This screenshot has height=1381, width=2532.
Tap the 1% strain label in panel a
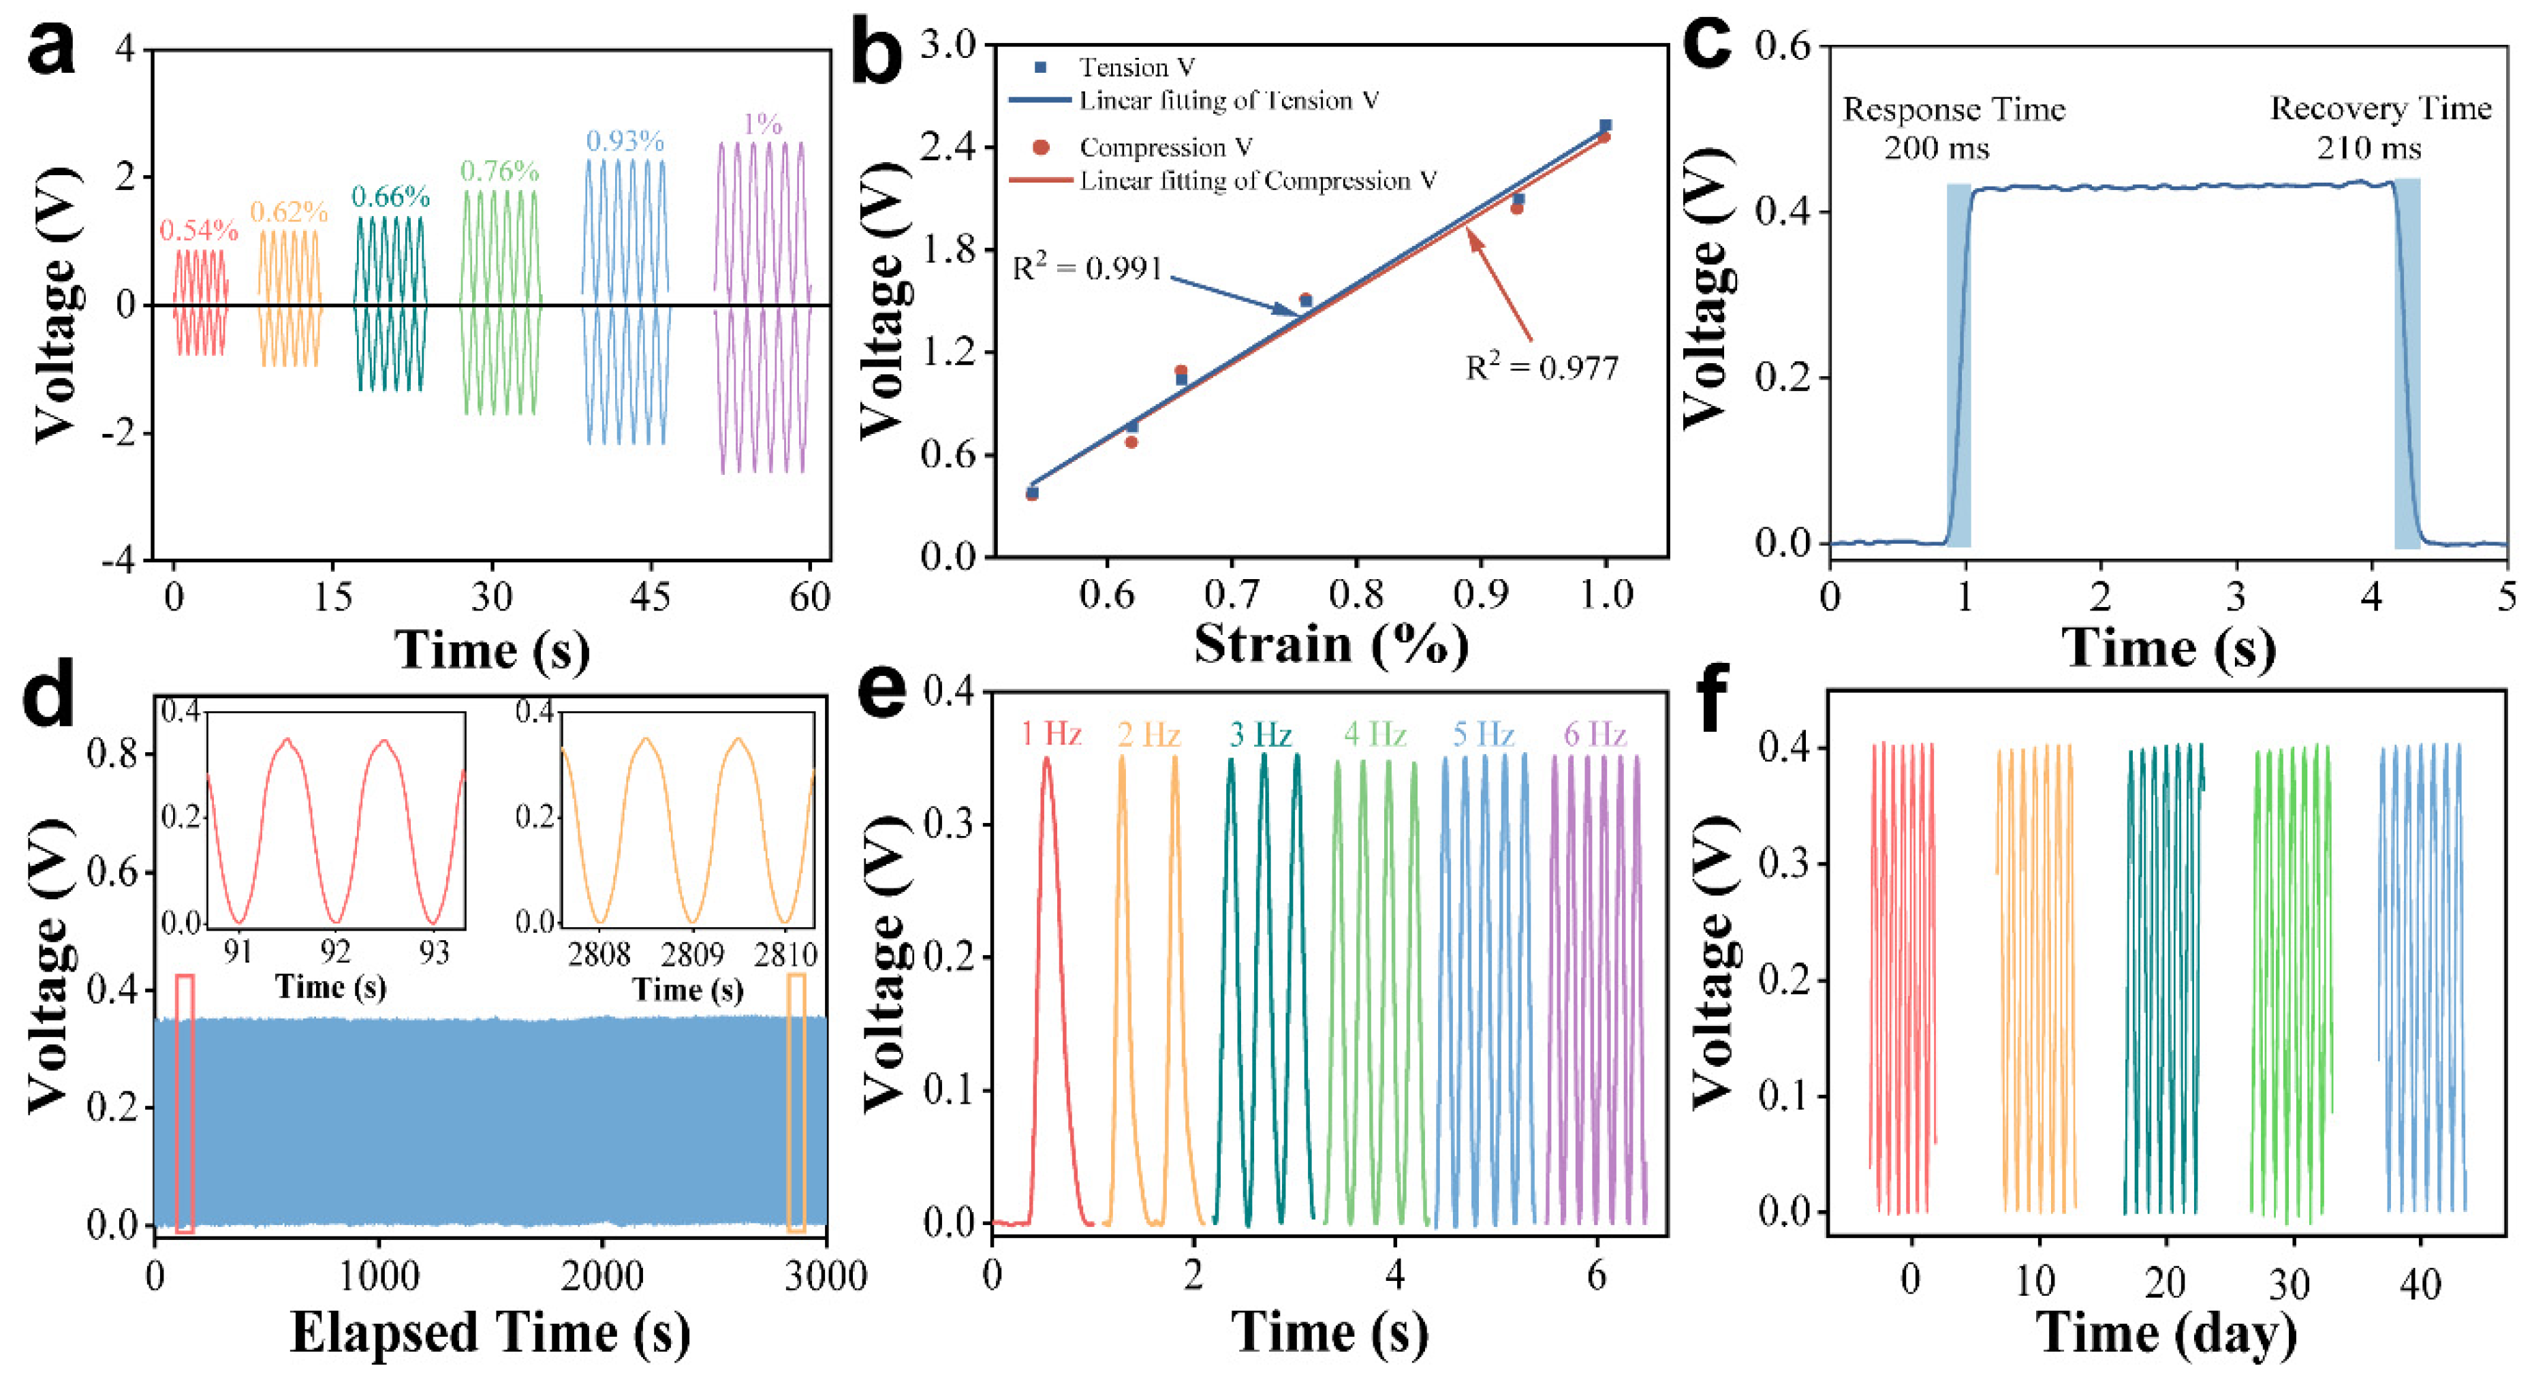click(x=763, y=124)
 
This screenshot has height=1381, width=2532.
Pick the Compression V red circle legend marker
click(x=1041, y=147)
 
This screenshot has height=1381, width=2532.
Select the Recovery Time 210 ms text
click(x=2379, y=128)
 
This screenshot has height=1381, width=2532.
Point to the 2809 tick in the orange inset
click(x=692, y=955)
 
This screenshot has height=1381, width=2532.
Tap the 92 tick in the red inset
click(x=336, y=952)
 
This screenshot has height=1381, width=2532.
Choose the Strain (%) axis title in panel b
click(x=1331, y=644)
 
